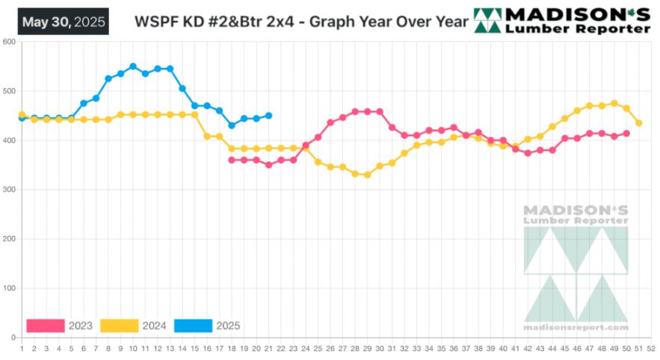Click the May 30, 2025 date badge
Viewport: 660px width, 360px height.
[x=64, y=21]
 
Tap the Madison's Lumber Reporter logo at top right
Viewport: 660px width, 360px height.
[x=563, y=20]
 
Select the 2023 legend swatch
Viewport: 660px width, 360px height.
[x=45, y=326]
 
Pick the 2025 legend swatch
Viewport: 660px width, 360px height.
[x=192, y=326]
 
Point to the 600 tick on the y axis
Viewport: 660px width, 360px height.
[x=9, y=42]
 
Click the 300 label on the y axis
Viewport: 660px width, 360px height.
[x=9, y=190]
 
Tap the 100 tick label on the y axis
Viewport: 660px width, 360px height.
[x=9, y=288]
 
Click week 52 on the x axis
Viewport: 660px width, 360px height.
[x=651, y=348]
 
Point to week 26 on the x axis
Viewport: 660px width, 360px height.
[x=330, y=348]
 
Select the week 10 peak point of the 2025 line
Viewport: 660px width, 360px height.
[x=133, y=66]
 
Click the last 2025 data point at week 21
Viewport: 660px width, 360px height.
[x=268, y=116]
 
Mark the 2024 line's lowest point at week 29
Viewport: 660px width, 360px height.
[x=367, y=175]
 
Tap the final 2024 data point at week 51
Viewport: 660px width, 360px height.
[x=639, y=123]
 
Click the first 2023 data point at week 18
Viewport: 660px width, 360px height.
[x=231, y=160]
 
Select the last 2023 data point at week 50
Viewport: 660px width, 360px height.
[x=626, y=134]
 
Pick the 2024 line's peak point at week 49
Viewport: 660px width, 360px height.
[x=614, y=103]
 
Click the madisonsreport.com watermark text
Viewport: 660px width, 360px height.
[x=576, y=327]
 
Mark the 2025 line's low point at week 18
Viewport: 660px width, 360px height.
[x=231, y=125]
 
